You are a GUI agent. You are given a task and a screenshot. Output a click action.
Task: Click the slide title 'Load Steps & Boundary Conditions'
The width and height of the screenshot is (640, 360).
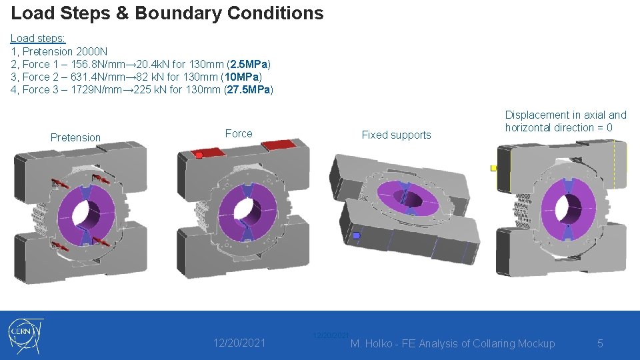(x=167, y=13)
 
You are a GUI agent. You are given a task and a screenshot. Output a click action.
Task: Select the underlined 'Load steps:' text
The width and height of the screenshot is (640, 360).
(x=38, y=39)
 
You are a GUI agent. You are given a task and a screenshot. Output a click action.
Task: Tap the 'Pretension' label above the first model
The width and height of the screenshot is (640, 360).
(x=75, y=137)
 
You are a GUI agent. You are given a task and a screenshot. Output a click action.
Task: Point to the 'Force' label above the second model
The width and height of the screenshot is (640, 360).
(x=239, y=133)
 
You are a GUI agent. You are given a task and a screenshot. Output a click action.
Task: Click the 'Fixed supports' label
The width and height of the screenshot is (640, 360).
(x=396, y=135)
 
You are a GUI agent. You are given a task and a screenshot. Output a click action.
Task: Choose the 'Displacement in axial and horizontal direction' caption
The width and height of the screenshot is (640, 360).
(x=565, y=121)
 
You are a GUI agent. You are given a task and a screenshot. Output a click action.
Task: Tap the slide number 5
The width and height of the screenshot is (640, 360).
(x=600, y=343)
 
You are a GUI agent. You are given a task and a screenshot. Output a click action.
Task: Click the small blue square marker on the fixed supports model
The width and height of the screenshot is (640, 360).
(x=357, y=235)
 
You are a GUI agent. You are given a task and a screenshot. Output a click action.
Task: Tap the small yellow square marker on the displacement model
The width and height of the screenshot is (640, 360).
(x=493, y=168)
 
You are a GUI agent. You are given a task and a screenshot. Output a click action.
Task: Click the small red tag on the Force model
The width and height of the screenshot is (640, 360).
(x=198, y=155)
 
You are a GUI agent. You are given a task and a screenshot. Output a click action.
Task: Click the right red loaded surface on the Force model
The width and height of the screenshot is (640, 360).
(x=277, y=145)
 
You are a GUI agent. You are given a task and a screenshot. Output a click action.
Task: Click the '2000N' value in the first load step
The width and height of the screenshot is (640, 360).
(x=91, y=51)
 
